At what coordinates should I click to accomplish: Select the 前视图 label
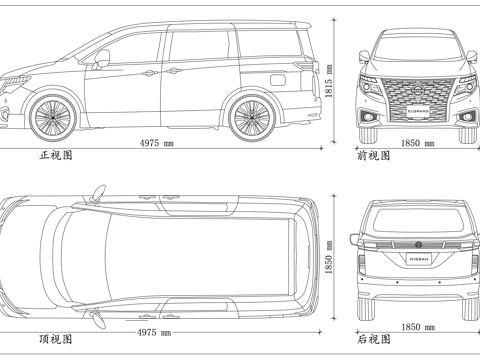(373, 156)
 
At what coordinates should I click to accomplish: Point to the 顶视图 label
(56, 340)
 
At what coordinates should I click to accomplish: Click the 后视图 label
(373, 340)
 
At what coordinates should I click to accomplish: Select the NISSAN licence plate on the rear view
(418, 258)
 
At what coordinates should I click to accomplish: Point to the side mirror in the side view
(101, 62)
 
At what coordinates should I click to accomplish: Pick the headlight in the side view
(16, 79)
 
